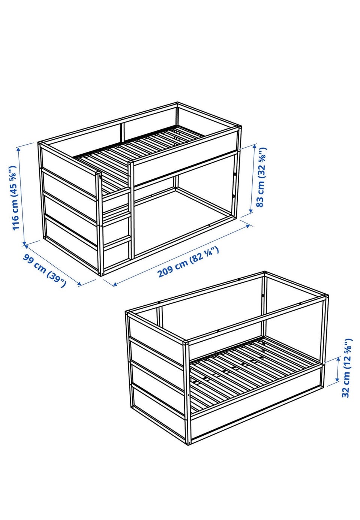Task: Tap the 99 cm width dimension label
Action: (x=44, y=270)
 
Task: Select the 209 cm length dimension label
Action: (x=188, y=262)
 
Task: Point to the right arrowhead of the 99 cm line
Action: (x=79, y=284)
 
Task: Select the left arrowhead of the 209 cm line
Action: (x=115, y=284)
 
